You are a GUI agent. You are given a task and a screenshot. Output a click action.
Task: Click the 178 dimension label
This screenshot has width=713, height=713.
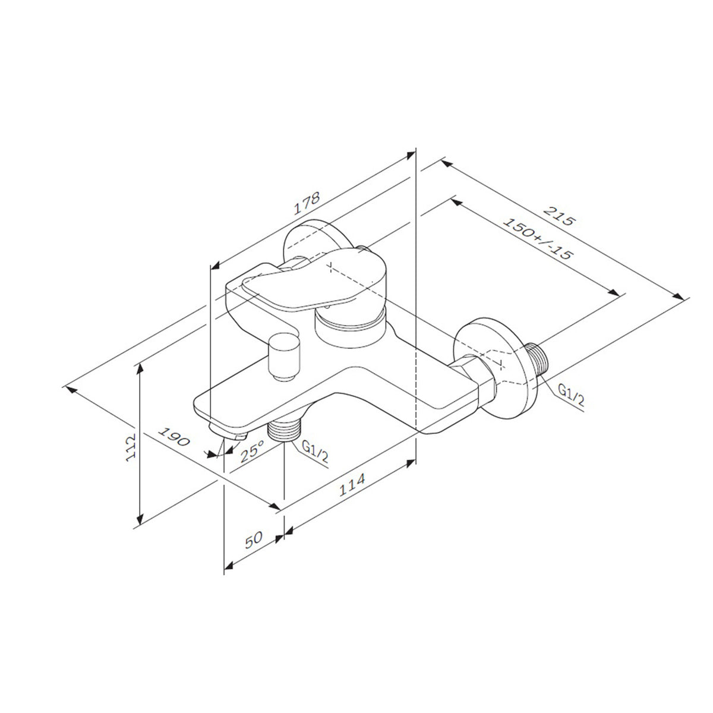(307, 203)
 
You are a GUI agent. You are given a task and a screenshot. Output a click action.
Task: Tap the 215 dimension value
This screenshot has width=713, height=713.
(560, 216)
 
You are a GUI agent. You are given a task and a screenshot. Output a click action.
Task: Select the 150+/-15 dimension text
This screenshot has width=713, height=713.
(538, 239)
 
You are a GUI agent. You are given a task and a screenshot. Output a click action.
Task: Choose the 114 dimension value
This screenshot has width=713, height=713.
(352, 484)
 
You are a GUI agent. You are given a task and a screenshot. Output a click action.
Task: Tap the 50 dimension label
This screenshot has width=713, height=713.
(254, 540)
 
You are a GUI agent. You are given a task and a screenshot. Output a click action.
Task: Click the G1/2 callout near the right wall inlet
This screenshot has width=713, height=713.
(571, 396)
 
